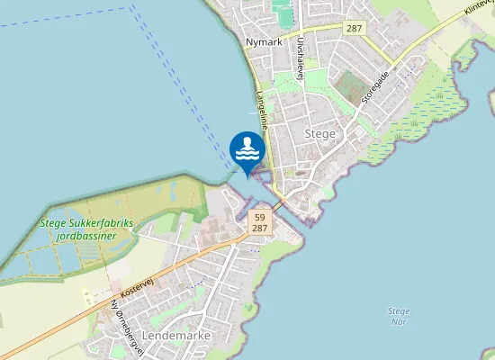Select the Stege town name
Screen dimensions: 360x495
[x=320, y=133]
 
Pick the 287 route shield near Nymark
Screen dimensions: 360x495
[x=353, y=29]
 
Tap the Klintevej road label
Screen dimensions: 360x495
[x=478, y=11]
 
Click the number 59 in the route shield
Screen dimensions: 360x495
[x=260, y=218]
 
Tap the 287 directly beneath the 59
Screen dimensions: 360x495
[x=260, y=229]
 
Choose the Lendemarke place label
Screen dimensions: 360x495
[x=176, y=335]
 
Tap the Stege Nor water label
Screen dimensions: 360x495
[x=399, y=316]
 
